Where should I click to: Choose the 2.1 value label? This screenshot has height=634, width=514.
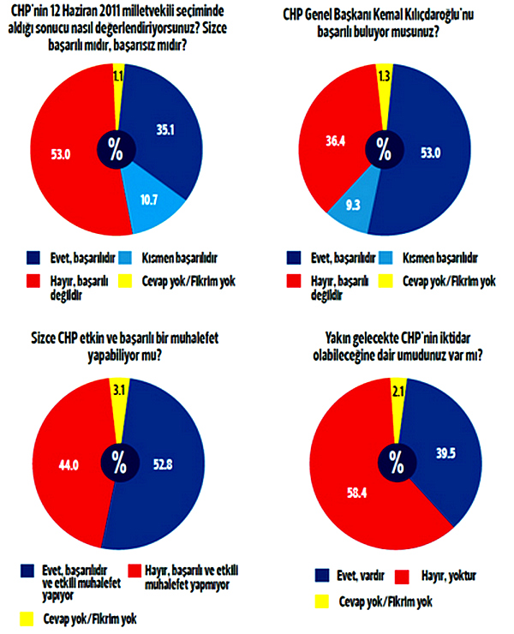pos(397,392)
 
